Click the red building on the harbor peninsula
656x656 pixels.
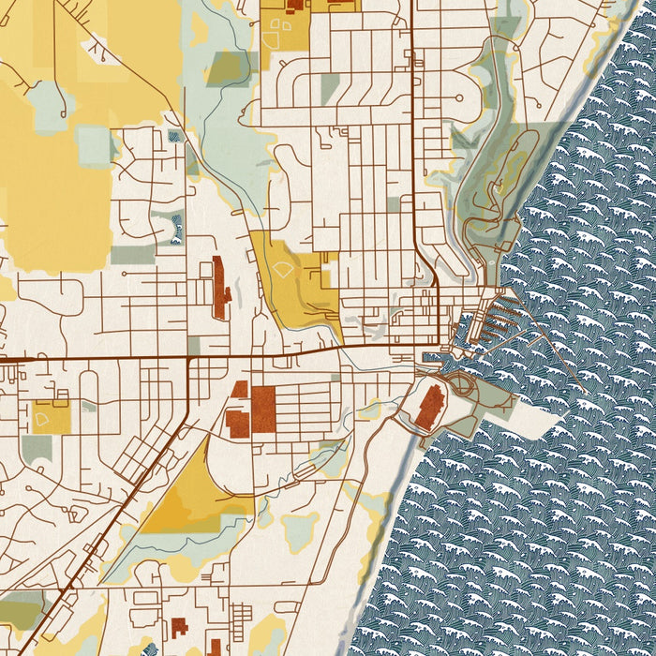click(430, 408)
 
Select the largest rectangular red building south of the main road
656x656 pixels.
click(263, 410)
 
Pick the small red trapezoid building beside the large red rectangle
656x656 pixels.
click(240, 389)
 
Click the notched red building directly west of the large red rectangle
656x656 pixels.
click(237, 423)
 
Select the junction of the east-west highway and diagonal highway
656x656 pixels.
click(189, 358)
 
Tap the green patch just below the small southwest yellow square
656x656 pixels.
click(37, 448)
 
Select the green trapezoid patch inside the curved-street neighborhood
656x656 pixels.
click(330, 87)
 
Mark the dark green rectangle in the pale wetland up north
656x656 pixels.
click(226, 67)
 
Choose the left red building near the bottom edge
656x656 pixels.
click(179, 628)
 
